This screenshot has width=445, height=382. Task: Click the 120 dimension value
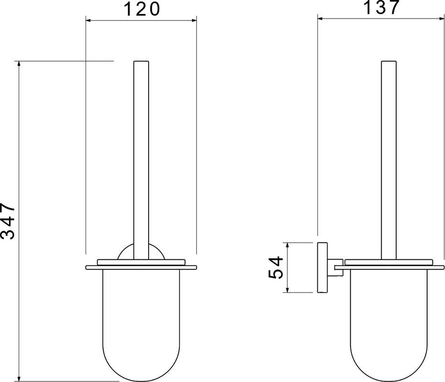pyautogui.click(x=142, y=9)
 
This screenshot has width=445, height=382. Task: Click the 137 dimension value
pyautogui.click(x=381, y=7)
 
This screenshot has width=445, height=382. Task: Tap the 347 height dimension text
pyautogui.click(x=8, y=221)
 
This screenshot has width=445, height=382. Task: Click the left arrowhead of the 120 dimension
pyautogui.click(x=88, y=20)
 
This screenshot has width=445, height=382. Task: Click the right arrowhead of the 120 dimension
pyautogui.click(x=194, y=20)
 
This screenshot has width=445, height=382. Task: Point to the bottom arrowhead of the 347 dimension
pyautogui.click(x=19, y=379)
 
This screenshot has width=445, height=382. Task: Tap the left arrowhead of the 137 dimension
pyautogui.click(x=320, y=19)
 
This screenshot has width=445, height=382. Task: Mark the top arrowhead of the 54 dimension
pyautogui.click(x=287, y=245)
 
